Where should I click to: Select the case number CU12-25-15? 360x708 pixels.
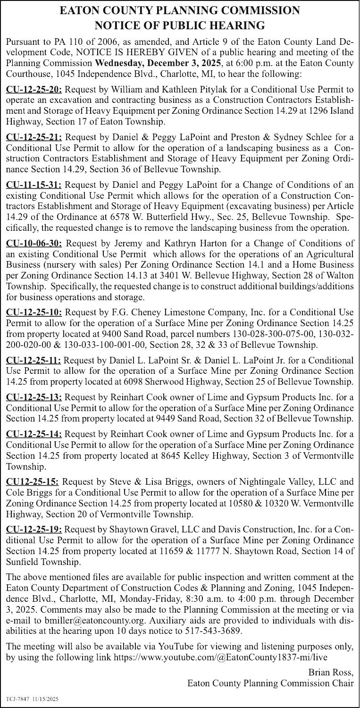32,482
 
